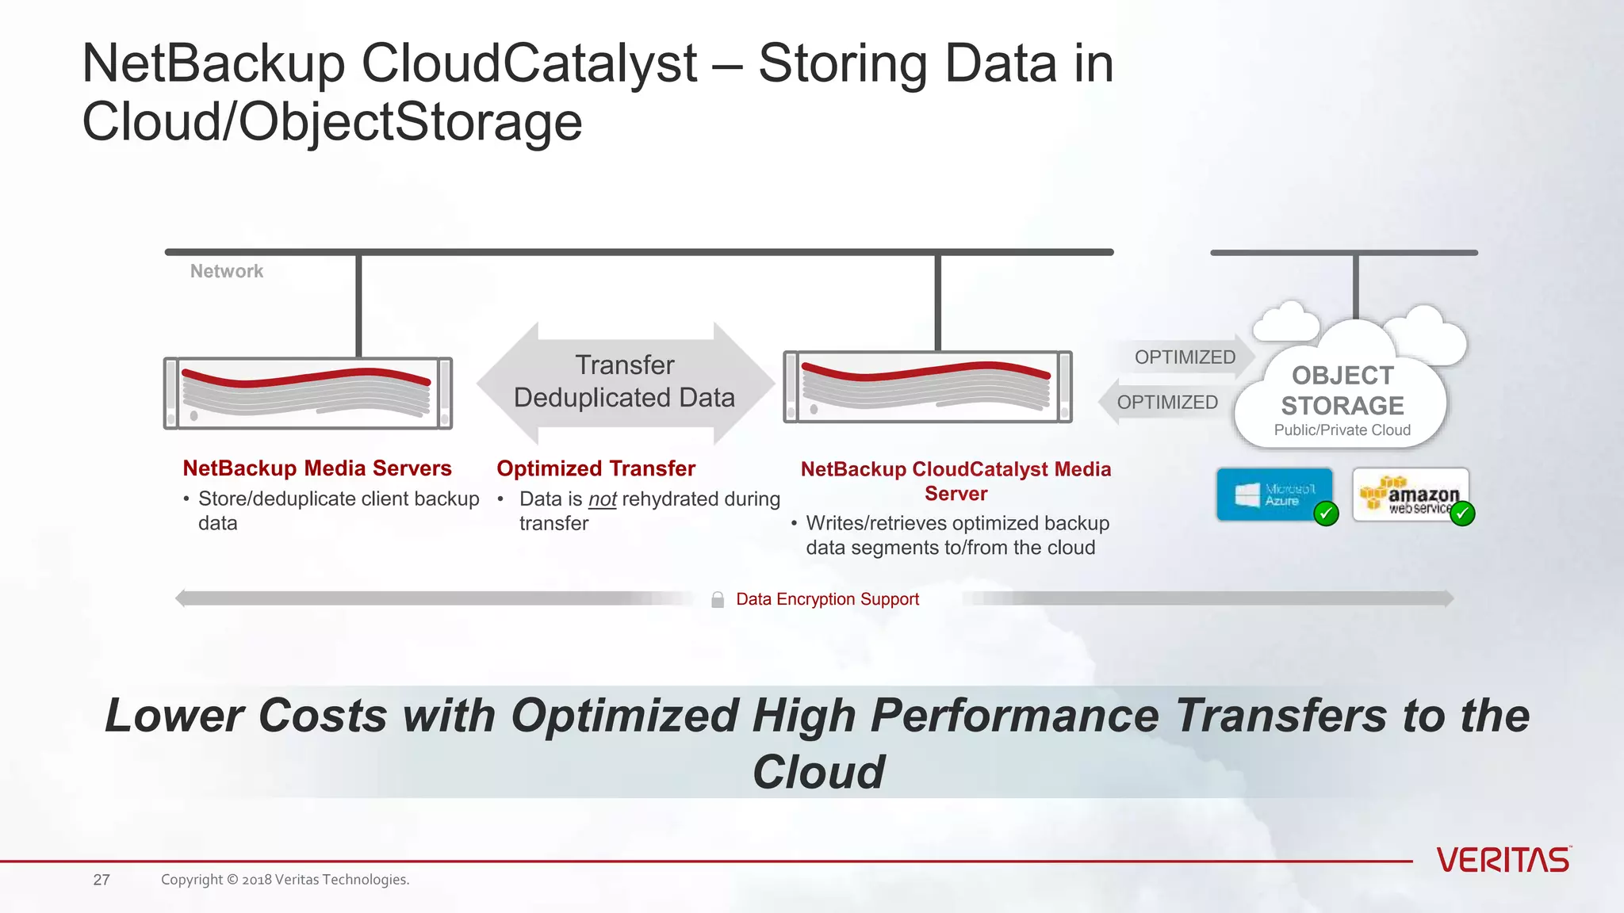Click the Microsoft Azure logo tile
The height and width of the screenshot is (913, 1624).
(x=1274, y=495)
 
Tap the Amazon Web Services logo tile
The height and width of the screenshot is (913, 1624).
(x=1410, y=495)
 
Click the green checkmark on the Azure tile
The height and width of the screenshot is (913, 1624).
(x=1326, y=514)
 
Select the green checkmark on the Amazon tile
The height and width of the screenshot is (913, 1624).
(x=1461, y=514)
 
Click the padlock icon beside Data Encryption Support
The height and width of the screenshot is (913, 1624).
(x=718, y=600)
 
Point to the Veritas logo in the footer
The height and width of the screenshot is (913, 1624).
(x=1503, y=860)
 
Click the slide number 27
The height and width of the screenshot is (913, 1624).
(x=101, y=880)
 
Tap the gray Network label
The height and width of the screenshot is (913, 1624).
(x=227, y=271)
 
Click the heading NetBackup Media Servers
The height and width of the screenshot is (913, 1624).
(x=317, y=468)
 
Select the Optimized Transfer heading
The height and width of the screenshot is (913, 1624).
(x=596, y=468)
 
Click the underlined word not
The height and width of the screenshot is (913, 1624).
(x=603, y=499)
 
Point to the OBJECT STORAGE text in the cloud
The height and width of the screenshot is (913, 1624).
(x=1342, y=391)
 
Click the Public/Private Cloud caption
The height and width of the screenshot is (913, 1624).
(x=1342, y=430)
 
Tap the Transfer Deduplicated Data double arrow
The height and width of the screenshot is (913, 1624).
(x=625, y=382)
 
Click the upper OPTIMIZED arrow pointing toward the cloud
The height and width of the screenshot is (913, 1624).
(x=1185, y=357)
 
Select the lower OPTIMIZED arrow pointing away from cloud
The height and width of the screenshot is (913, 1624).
(x=1166, y=403)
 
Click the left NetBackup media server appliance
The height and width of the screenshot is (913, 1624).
(x=308, y=393)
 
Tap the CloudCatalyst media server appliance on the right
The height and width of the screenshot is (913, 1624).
(x=928, y=387)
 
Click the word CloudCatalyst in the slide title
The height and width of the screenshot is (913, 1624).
(x=529, y=63)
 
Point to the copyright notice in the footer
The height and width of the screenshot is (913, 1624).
(x=285, y=880)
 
